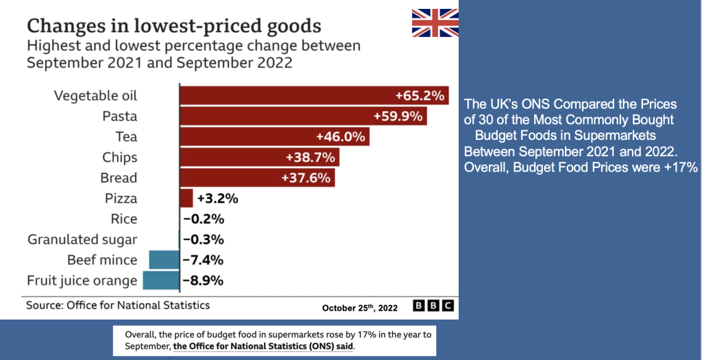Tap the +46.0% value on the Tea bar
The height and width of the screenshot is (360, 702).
pos(341,136)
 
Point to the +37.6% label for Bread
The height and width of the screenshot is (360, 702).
pos(306,178)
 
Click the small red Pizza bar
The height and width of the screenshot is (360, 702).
pos(186,198)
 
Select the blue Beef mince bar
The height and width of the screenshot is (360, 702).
pos(163,260)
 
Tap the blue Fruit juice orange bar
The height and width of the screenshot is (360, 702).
pos(160,280)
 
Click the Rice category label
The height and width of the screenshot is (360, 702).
pos(124,219)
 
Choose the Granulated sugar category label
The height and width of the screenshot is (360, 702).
pos(82,240)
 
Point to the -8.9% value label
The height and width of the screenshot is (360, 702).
pos(204,280)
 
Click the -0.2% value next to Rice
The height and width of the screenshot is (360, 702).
pos(204,219)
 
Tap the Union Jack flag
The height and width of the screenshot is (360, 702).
pos(435,23)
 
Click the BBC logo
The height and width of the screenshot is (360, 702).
pos(434,306)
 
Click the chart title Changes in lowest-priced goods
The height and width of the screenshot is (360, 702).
pos(173,27)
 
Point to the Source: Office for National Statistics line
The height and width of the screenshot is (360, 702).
pos(118,305)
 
